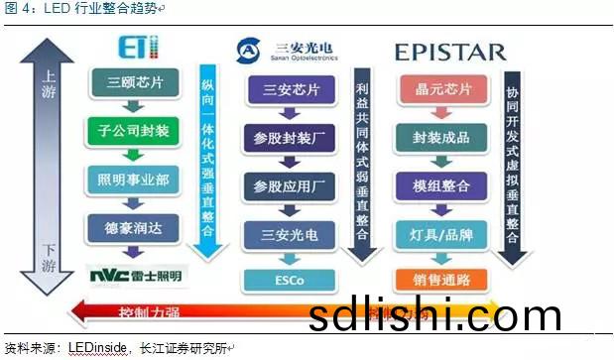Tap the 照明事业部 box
pyautogui.click(x=131, y=180)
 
